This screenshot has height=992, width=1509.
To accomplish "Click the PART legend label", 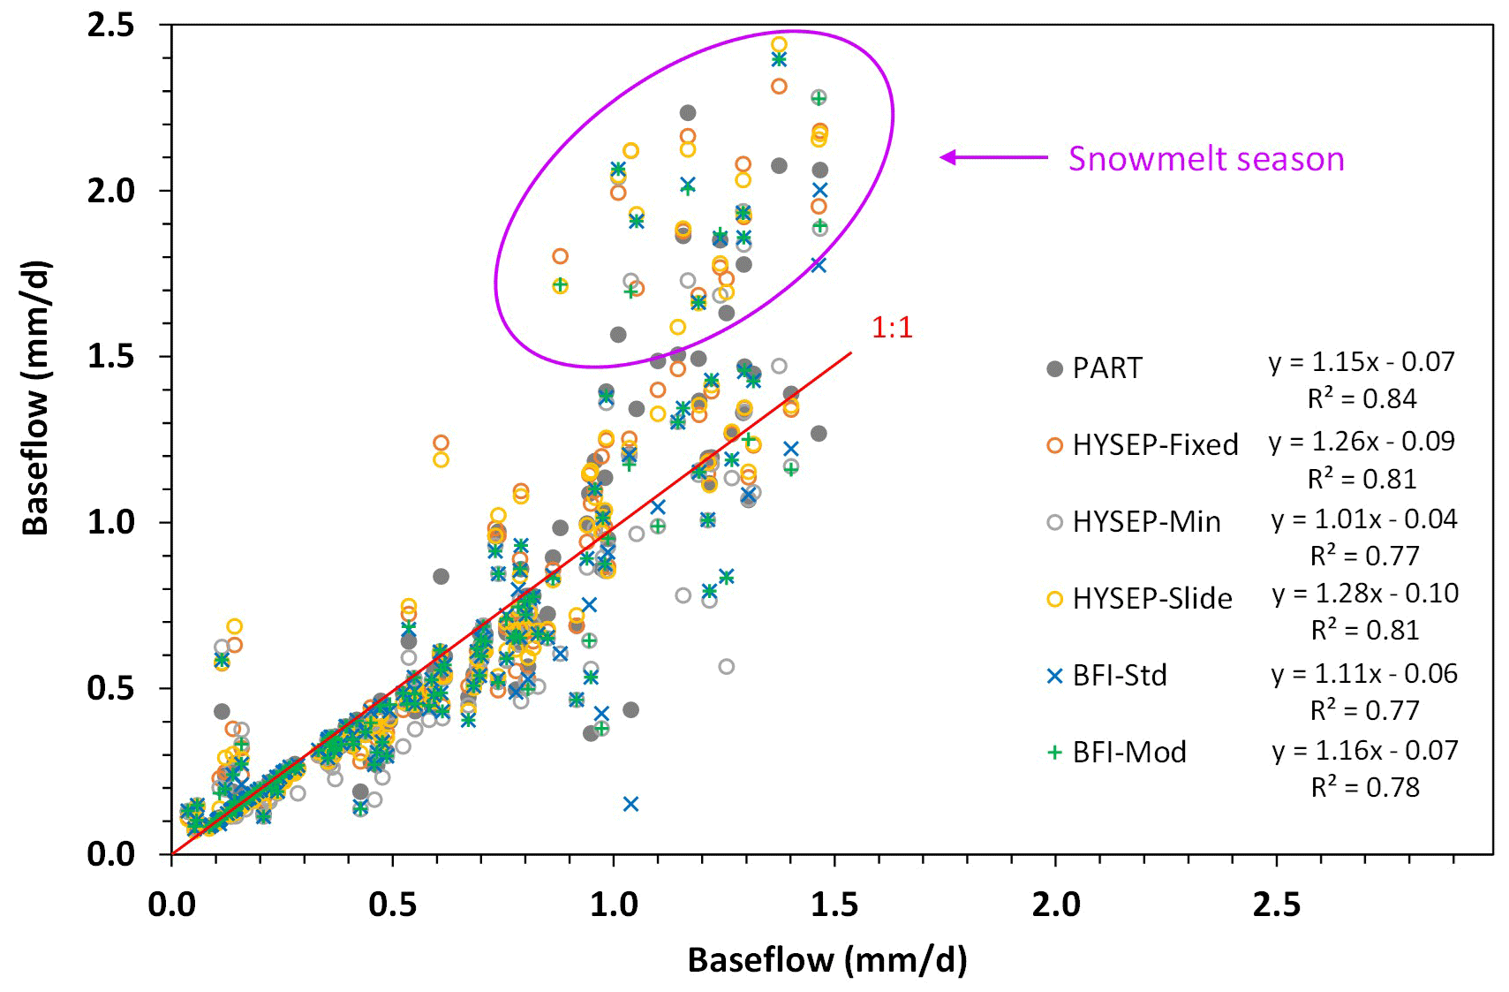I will (x=1106, y=367).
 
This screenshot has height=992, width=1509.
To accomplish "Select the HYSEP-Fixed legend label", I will (x=1154, y=444).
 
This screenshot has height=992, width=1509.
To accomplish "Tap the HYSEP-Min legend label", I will (x=1146, y=522).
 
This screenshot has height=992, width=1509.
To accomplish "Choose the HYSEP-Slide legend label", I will (x=1151, y=599).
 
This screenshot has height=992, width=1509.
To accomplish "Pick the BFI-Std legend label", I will (x=1119, y=676).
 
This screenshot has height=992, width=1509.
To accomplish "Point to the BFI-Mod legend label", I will (x=1128, y=753).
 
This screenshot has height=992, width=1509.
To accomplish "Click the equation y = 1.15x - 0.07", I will (x=1361, y=361).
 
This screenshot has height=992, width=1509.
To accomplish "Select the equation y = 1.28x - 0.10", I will (x=1364, y=593).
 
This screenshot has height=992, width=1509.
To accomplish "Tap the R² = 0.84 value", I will (x=1362, y=399).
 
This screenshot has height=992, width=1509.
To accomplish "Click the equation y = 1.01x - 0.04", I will (x=1363, y=519).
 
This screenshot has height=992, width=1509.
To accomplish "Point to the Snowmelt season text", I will (x=1205, y=159).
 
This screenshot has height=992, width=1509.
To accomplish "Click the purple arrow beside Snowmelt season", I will (x=993, y=158).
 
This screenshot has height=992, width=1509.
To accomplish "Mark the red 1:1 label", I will (x=892, y=328).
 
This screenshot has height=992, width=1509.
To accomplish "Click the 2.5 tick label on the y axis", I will (x=111, y=25).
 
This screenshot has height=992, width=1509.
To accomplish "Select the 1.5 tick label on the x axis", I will (x=834, y=905).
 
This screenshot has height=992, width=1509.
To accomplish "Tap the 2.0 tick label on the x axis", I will (x=1056, y=905).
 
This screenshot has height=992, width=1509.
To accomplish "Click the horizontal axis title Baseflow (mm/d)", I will (x=826, y=959).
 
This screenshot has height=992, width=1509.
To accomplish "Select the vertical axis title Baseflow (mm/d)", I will (x=36, y=398).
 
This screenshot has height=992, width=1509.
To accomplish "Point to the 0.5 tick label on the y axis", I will (x=111, y=688).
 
